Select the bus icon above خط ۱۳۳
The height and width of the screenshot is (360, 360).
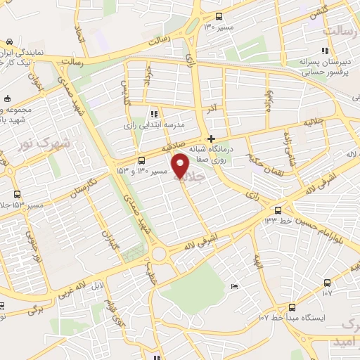coord(278,210)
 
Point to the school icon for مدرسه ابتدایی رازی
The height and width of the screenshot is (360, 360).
coord(153,113)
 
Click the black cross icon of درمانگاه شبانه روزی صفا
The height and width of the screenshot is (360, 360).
coord(211,138)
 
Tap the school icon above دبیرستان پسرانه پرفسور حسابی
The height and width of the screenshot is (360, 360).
coord(324,51)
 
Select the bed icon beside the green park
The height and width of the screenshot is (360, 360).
coord(235,285)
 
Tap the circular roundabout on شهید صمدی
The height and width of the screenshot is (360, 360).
coord(158,254)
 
